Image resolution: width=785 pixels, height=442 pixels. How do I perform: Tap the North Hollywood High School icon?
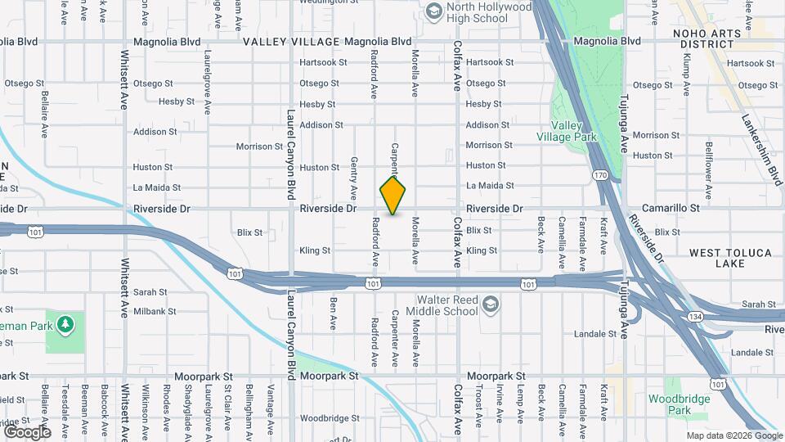pyautogui.click(x=433, y=11)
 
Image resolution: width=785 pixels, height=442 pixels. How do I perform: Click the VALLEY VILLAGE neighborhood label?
pyautogui.click(x=290, y=42)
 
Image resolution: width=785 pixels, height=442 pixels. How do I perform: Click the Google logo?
pyautogui.click(x=27, y=431)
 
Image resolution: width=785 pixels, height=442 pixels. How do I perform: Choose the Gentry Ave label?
pyautogui.click(x=354, y=179)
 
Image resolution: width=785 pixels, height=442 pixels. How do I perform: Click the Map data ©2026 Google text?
pyautogui.click(x=734, y=435)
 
